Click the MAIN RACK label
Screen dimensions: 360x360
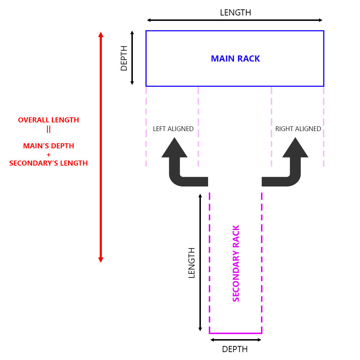[x=235, y=59]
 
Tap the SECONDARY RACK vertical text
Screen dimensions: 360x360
[x=236, y=264]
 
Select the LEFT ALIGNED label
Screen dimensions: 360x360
[x=173, y=129]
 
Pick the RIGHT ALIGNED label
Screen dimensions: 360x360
[x=298, y=129]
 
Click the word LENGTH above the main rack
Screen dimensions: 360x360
[x=235, y=13]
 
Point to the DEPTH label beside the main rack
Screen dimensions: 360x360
[x=124, y=58]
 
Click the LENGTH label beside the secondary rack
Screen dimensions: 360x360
[x=192, y=263]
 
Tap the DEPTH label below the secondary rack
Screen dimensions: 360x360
[x=235, y=349]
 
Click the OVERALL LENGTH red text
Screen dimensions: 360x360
[x=49, y=120]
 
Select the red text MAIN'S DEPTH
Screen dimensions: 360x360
[x=49, y=146]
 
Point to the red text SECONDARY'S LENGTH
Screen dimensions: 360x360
[x=49, y=163]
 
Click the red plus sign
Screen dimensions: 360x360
[x=49, y=154]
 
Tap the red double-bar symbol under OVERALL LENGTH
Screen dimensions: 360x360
[x=49, y=129]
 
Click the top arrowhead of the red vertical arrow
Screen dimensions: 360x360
[x=101, y=35]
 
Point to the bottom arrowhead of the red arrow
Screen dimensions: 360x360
[x=101, y=260]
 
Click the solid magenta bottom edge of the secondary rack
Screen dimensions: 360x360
[x=235, y=333]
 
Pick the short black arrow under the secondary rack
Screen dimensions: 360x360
[x=235, y=340]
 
